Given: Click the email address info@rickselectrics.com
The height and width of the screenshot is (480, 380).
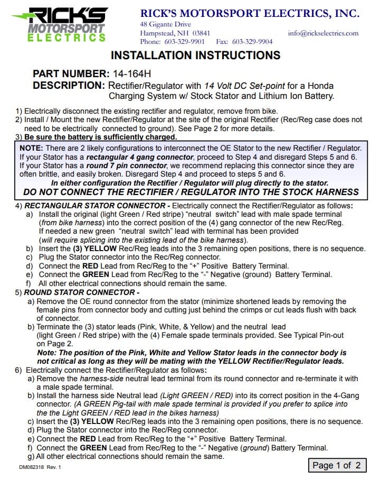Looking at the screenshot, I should (323, 33).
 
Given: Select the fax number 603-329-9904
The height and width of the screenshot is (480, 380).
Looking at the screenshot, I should (252, 42).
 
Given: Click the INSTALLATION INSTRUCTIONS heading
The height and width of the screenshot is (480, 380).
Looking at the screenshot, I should (195, 56).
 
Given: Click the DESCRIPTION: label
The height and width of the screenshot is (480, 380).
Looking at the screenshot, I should (69, 85).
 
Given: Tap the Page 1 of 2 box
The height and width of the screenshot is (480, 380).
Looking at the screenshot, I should (337, 465).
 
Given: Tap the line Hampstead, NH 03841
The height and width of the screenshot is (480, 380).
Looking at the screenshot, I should (175, 33).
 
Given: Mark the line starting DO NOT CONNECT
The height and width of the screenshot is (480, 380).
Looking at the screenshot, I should (191, 192).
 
